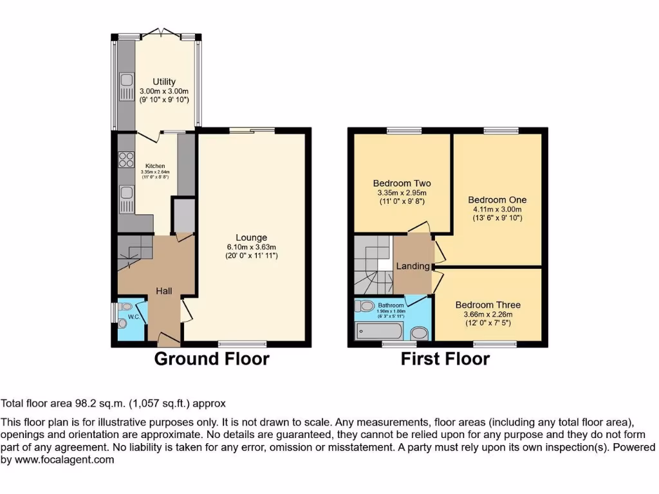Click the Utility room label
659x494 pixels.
tap(164, 82)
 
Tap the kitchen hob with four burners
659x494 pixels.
tap(125, 159)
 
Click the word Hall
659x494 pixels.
tap(163, 291)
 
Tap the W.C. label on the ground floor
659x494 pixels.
tap(133, 316)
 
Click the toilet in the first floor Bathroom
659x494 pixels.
tap(366, 306)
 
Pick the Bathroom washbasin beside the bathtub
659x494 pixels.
tap(419, 333)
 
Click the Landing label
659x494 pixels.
tap(413, 266)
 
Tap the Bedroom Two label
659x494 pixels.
tap(402, 183)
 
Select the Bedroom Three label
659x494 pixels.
tap(488, 305)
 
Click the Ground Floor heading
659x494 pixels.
tap(211, 359)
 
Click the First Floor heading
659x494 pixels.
tap(445, 359)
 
